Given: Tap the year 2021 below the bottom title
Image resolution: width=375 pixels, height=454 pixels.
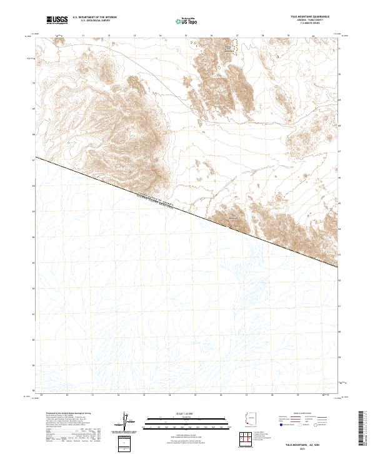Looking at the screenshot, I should click(321, 446).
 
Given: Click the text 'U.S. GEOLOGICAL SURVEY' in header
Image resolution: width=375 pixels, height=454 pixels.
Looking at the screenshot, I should click(94, 21).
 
